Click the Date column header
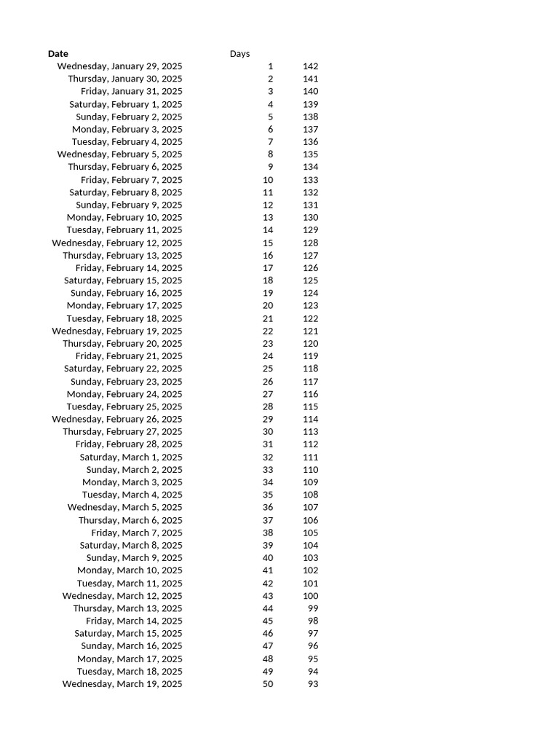pos(58,54)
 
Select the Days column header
pos(239,54)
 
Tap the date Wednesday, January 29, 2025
pos(120,66)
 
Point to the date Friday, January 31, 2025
pos(132,91)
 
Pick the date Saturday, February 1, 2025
pos(126,104)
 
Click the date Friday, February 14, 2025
pos(129,268)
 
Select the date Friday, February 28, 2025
pos(129,444)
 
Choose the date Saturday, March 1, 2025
pos(131,458)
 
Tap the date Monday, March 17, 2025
pos(130,659)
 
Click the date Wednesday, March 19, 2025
pos(122,684)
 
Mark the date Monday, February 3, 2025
pos(127,129)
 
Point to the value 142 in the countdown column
pos(310,66)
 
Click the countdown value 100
pos(310,596)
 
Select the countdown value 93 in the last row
pos(313,684)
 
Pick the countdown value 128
pos(310,243)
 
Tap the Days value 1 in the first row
pos(270,66)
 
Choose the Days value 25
pos(268,369)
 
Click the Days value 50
pos(268,684)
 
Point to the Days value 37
pos(268,520)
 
